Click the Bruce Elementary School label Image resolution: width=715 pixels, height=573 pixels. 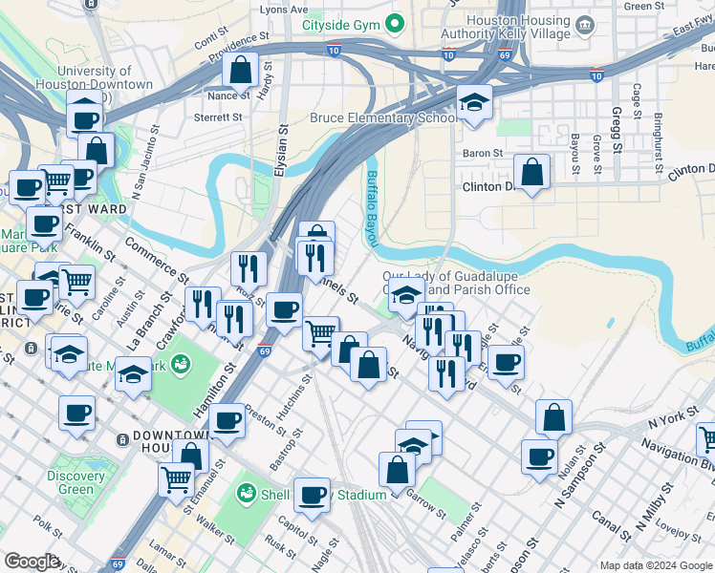coord(381,118)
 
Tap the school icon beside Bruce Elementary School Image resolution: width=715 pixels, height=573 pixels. coord(473,103)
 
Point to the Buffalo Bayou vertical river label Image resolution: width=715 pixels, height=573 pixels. coord(371,206)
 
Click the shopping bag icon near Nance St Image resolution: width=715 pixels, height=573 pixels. coord(241,71)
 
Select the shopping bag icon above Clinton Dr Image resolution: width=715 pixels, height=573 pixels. coord(532,172)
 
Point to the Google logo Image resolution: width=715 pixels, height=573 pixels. coord(32,562)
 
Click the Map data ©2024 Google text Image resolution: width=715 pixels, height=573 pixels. coord(655,564)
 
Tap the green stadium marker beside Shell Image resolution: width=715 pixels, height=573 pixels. coord(247,494)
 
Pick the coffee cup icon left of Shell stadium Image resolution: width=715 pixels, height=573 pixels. coord(312,495)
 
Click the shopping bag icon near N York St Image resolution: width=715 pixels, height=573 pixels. coord(553,417)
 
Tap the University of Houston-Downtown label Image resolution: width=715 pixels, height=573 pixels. coord(105,78)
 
